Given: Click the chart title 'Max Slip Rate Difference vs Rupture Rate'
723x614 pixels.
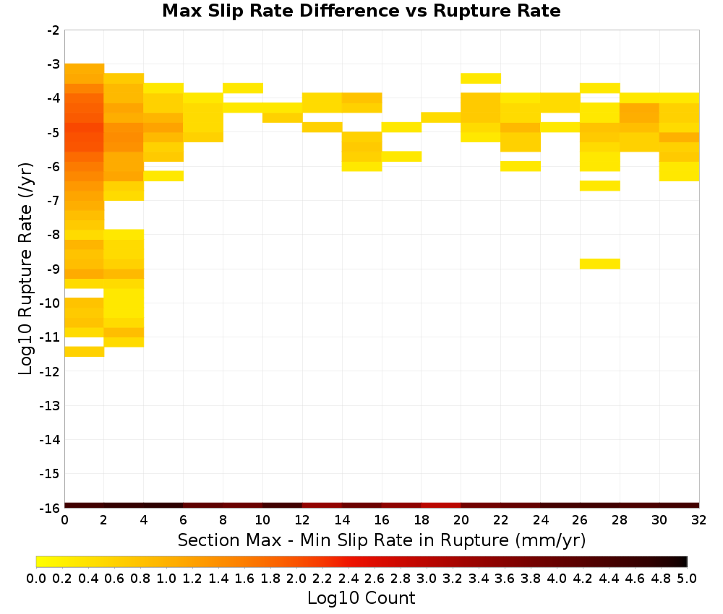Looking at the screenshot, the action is (x=361, y=11).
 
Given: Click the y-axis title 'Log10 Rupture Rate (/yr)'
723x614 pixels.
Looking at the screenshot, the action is (x=25, y=269).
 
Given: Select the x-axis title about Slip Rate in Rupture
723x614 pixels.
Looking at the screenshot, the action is (x=381, y=540).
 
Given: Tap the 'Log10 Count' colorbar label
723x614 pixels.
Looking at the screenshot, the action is (x=361, y=598).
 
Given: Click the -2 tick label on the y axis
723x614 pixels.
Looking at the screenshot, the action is (x=53, y=30).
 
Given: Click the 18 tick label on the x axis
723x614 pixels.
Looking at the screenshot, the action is (x=421, y=520).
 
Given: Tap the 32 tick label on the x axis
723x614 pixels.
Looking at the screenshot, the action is (x=698, y=520).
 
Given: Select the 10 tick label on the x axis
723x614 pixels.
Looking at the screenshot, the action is (x=262, y=520).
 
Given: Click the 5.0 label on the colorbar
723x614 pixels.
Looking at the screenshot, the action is (x=687, y=578).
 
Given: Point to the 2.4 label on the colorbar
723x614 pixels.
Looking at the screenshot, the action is (x=348, y=578).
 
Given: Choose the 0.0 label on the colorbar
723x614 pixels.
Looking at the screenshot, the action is (x=36, y=578).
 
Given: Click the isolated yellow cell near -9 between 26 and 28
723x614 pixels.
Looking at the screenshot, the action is (x=599, y=264).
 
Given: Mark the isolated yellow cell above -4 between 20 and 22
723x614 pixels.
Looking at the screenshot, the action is (x=481, y=78).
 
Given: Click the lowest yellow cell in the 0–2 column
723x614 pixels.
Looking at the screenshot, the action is (x=85, y=352).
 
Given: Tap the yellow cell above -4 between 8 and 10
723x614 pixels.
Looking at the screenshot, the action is (x=242, y=88).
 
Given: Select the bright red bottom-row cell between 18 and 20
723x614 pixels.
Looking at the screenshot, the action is (x=441, y=506).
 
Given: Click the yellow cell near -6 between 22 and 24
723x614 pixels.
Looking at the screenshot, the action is (x=520, y=166).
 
